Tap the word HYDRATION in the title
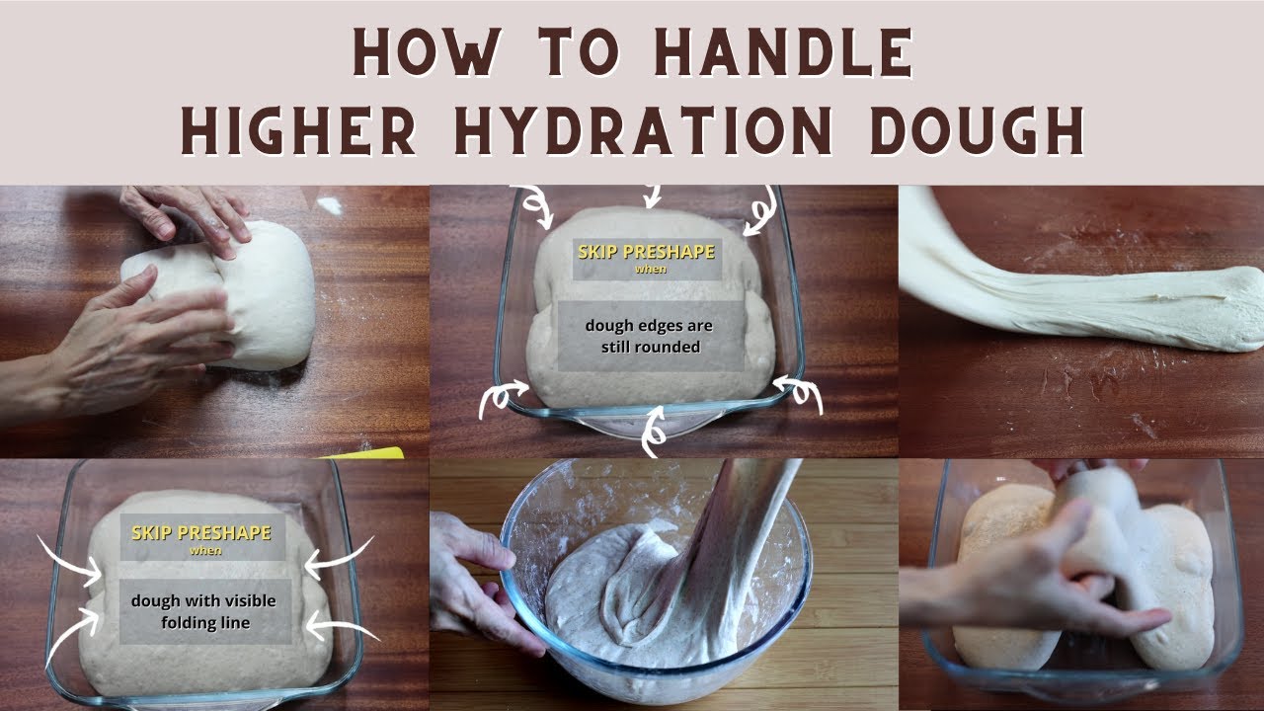click(643, 130)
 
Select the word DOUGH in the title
click(977, 130)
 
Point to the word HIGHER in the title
click(298, 130)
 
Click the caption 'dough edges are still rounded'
click(649, 336)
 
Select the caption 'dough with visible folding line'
click(203, 611)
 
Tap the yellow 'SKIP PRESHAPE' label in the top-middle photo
click(646, 252)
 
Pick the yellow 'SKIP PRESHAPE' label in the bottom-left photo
click(201, 532)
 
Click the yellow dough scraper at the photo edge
click(366, 452)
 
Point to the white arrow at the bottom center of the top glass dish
click(655, 432)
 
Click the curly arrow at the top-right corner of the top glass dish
click(760, 210)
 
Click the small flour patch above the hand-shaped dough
click(330, 205)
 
